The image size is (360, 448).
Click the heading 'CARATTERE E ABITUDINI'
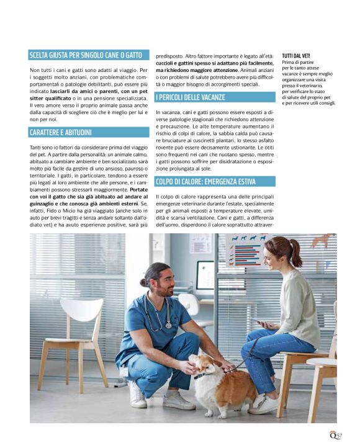(60, 133)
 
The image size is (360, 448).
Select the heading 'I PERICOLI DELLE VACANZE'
(191, 97)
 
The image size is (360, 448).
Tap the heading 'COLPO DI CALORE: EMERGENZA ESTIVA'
(205, 182)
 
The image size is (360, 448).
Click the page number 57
(339, 436)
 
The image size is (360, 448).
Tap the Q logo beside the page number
(333, 436)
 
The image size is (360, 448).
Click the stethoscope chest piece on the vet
(168, 325)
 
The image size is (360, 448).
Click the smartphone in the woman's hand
(256, 321)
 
